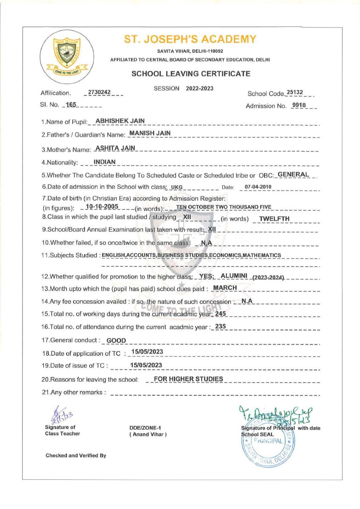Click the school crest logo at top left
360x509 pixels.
[x=65, y=54]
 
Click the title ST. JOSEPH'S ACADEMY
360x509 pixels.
[x=190, y=39]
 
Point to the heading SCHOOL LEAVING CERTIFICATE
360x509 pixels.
[x=191, y=74]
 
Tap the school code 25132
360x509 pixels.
[x=295, y=92]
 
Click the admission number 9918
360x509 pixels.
[x=299, y=105]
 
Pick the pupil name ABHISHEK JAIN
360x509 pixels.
[x=120, y=121]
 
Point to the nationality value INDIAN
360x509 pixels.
[x=105, y=162]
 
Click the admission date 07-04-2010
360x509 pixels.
[x=258, y=187]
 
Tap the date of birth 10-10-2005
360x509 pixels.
[x=101, y=207]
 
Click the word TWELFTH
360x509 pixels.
[x=274, y=219]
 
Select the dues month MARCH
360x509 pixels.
[x=225, y=288]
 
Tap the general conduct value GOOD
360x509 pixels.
[x=116, y=340]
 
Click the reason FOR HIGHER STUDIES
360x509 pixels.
[x=188, y=379]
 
